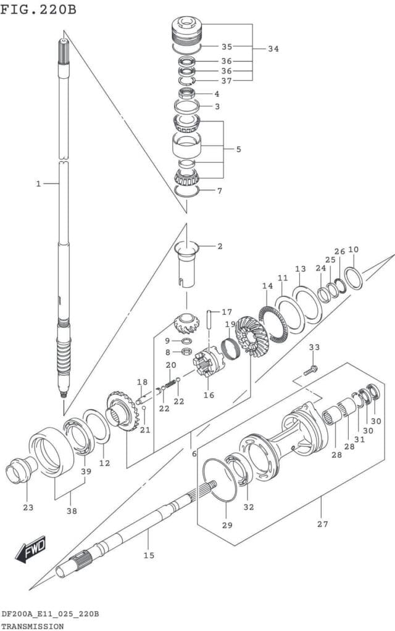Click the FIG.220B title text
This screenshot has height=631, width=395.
[38, 10]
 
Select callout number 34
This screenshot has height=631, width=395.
[273, 49]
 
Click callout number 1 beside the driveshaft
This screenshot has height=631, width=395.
[38, 184]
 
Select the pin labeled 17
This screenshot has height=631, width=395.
[210, 320]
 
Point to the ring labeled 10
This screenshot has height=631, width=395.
[353, 277]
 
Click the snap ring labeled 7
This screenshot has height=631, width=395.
[187, 190]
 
